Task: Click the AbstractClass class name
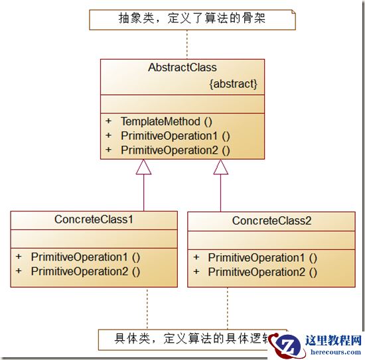pyautogui.click(x=182, y=68)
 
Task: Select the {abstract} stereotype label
pyautogui.click(x=232, y=84)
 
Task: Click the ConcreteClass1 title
pyautogui.click(x=94, y=219)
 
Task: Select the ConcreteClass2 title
pyautogui.click(x=271, y=221)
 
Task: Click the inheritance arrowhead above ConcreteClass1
pyautogui.click(x=143, y=167)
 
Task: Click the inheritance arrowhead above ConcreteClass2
pyautogui.click(x=220, y=167)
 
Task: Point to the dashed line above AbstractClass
pyautogui.click(x=186, y=44)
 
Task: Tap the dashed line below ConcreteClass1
pyautogui.click(x=146, y=308)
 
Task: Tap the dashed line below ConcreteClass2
pyautogui.click(x=226, y=308)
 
